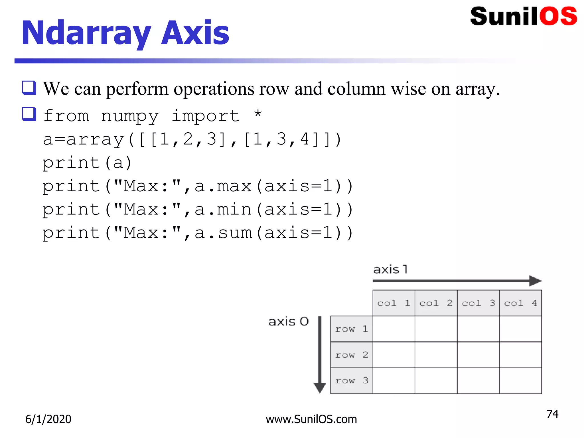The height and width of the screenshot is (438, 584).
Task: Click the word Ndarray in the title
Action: [86, 34]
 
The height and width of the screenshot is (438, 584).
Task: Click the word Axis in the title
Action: [195, 33]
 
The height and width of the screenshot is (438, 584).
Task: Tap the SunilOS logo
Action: [524, 17]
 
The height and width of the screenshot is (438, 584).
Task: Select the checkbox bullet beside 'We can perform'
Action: [29, 88]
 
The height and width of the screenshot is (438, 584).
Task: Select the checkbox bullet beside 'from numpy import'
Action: [29, 114]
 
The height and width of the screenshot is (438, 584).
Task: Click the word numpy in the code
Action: [130, 116]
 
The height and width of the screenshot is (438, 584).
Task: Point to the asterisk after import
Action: [258, 114]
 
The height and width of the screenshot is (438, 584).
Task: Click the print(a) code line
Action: [87, 163]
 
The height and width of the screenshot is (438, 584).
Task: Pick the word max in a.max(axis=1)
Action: [234, 186]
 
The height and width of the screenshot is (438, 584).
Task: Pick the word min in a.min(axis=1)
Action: [234, 210]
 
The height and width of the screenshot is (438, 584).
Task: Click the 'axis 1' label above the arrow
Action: [390, 269]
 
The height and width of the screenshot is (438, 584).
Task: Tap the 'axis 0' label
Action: [288, 322]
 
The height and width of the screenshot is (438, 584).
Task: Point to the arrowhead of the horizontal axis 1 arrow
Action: [535, 281]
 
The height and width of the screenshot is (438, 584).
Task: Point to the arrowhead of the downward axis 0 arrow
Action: [320, 388]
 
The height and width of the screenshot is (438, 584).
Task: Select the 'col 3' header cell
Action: [478, 303]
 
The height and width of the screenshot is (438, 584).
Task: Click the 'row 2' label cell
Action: [351, 355]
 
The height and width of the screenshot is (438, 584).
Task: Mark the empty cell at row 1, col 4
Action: [520, 329]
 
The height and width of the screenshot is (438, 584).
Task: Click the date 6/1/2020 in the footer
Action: [48, 419]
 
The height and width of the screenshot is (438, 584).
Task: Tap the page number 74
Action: [552, 414]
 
